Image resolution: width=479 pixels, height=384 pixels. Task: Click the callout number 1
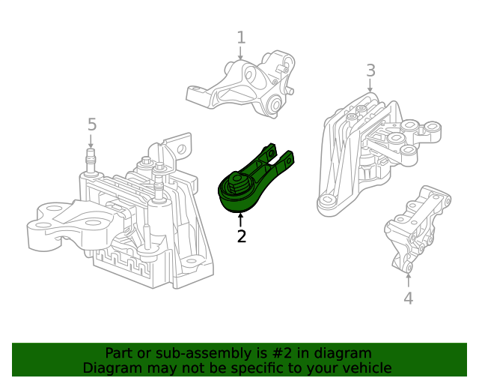pos(241,37)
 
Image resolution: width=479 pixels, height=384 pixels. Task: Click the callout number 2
pos(241,237)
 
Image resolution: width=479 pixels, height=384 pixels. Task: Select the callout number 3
pos(370,70)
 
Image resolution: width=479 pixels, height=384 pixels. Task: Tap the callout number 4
pos(408,298)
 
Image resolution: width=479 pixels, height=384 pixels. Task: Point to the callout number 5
pos(92,124)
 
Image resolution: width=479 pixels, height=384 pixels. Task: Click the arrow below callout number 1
pos(241,53)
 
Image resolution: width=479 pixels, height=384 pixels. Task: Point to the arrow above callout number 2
pos(241,220)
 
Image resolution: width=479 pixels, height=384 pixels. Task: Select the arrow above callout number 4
pos(408,280)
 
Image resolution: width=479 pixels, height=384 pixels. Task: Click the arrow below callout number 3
pos(370,86)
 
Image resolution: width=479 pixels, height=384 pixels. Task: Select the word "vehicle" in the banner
pos(365,367)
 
